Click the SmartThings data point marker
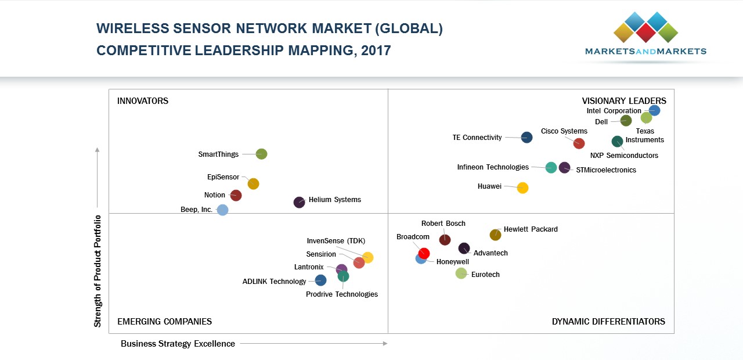tap(261, 154)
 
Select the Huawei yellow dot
tap(522, 188)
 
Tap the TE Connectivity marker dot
tap(526, 138)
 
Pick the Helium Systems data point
tap(299, 202)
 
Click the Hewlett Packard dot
tap(495, 235)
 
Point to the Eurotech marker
tap(461, 273)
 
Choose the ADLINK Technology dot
tap(320, 280)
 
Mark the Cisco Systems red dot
tap(579, 143)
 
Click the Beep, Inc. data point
tap(222, 210)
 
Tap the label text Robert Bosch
tap(443, 224)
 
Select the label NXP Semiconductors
tap(624, 156)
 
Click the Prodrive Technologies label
tap(342, 294)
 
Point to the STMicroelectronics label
tap(606, 170)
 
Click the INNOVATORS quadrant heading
tap(143, 101)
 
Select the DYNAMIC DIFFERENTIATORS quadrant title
tap(608, 322)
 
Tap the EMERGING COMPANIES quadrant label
tap(164, 322)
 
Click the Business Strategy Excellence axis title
tap(178, 344)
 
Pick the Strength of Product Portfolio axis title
tap(98, 271)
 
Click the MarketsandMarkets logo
tap(645, 35)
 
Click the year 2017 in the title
tap(376, 51)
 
